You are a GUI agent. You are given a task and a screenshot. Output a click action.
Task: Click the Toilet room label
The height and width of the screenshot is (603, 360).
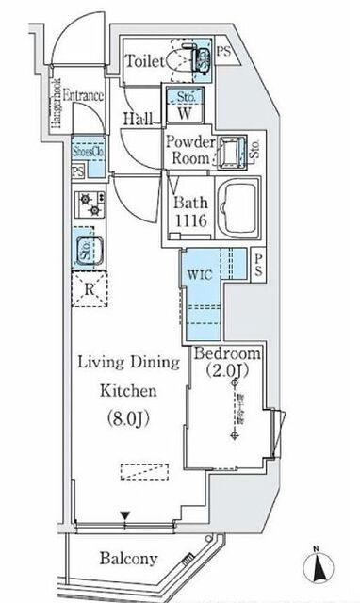point(147,61)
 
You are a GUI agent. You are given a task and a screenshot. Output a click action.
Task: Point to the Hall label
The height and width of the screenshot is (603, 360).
point(139,119)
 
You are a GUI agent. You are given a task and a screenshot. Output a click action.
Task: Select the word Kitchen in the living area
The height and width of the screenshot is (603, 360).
point(122,389)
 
